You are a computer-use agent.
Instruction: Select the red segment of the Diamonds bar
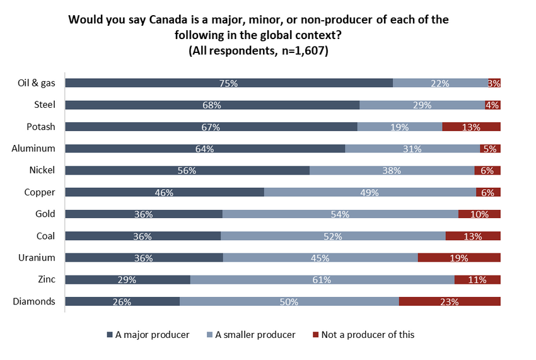(x=450, y=301)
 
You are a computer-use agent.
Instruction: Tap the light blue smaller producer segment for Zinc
(x=322, y=279)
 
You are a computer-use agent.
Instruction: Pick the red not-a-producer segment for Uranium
(x=459, y=257)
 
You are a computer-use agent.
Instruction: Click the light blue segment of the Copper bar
(x=370, y=192)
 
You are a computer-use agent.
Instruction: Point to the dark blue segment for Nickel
(x=187, y=170)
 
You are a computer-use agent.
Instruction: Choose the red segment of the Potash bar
(x=471, y=127)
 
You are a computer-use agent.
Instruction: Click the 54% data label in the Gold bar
(x=341, y=214)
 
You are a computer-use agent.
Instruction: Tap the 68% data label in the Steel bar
(x=211, y=105)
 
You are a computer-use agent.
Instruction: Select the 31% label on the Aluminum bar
(x=413, y=149)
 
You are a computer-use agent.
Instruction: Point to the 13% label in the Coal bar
(x=473, y=236)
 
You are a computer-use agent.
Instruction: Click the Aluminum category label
(x=33, y=149)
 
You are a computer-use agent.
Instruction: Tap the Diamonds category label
(x=34, y=301)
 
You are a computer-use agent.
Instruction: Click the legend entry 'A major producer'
(x=152, y=335)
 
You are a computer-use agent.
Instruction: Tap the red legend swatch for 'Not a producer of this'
(x=315, y=335)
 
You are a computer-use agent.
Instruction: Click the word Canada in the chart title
(x=175, y=20)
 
